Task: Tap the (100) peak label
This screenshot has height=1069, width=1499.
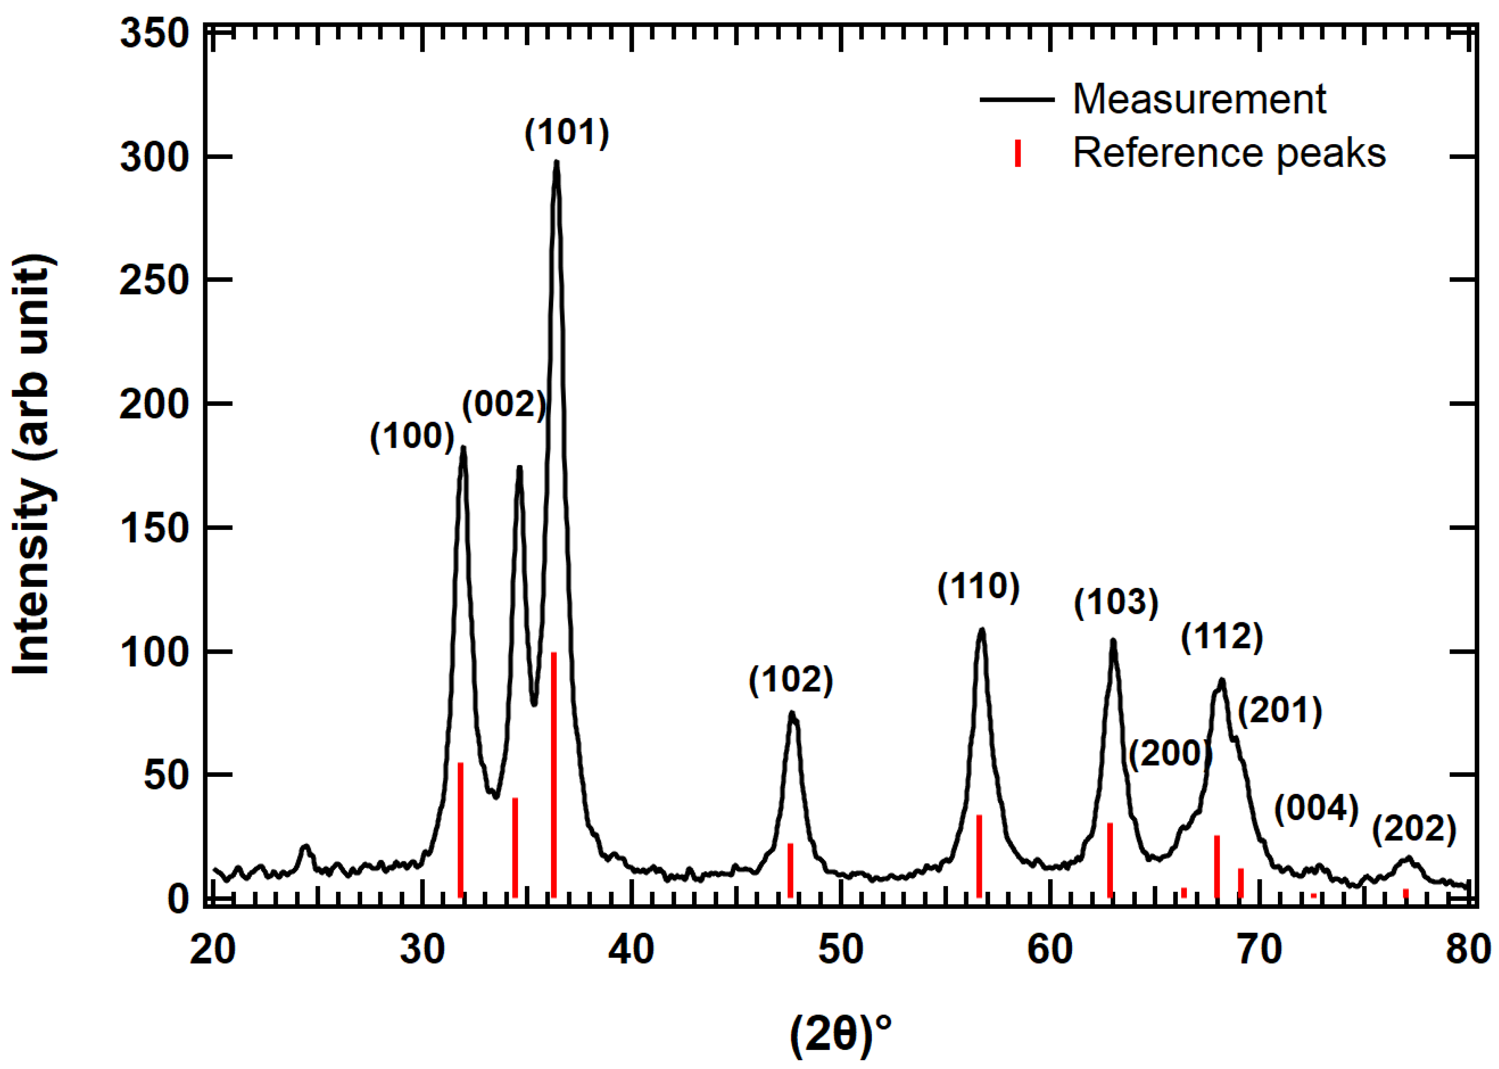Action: pyautogui.click(x=413, y=436)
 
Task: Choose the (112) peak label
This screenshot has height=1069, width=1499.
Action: pyautogui.click(x=1222, y=637)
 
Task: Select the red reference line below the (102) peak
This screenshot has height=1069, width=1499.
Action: pyautogui.click(x=790, y=870)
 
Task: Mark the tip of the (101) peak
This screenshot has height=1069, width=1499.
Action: pyautogui.click(x=557, y=162)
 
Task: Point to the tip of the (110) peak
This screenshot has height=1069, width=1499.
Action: pyautogui.click(x=982, y=630)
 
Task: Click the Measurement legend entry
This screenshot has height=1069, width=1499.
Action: pyautogui.click(x=1199, y=99)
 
